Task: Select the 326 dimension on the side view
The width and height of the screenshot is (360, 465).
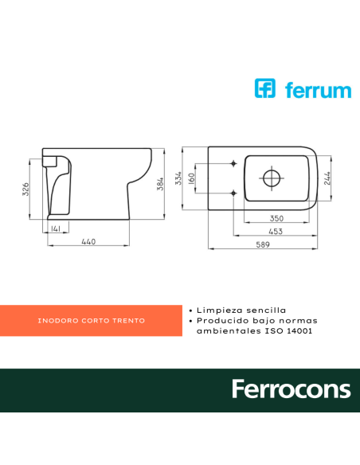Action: click(x=26, y=189)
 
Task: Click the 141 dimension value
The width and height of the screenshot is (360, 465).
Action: click(x=56, y=229)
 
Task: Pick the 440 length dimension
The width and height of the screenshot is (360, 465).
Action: click(x=88, y=241)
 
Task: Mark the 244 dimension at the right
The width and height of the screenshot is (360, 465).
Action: click(x=328, y=178)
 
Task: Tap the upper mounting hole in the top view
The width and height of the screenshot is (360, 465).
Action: click(x=233, y=164)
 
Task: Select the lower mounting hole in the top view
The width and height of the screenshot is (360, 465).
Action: click(x=233, y=192)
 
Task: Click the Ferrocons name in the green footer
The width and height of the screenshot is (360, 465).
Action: click(x=291, y=389)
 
